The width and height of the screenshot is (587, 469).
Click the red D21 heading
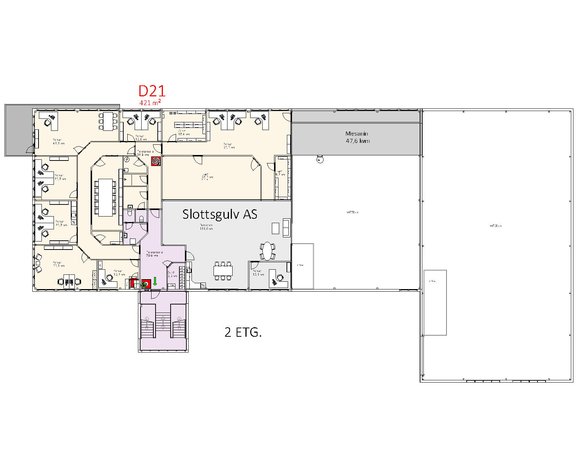tap(152, 91)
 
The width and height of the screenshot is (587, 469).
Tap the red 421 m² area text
tap(150, 103)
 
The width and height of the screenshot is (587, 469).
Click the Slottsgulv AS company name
tap(219, 214)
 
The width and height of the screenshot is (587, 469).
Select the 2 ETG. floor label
tap(243, 332)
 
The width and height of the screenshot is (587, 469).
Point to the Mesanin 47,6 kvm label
tap(357, 137)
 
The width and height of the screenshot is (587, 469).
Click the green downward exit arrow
tap(155, 281)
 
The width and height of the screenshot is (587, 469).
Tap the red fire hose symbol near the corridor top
tap(156, 161)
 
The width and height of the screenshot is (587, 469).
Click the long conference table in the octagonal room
tap(105, 197)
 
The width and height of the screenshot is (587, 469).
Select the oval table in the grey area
tap(268, 251)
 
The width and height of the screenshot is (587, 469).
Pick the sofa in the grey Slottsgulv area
tap(286, 227)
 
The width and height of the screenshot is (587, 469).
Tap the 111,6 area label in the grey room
tap(206, 227)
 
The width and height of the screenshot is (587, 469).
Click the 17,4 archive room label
tap(183, 133)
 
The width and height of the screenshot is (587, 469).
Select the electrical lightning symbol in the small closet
tap(127, 159)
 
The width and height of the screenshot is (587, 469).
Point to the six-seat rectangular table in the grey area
tap(223, 271)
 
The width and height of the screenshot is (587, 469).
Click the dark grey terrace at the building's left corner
tap(18, 130)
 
